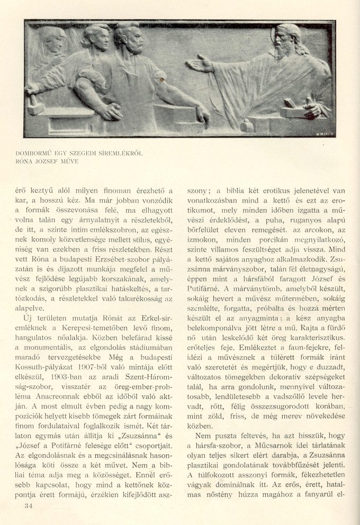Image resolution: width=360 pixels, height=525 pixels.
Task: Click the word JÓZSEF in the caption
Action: (x=50, y=161)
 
